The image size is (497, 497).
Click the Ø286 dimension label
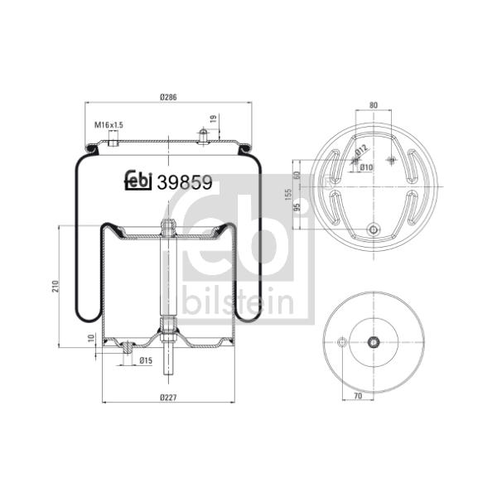pos(168,97)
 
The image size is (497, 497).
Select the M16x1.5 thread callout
pos(109,125)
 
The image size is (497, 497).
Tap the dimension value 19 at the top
pos(214,118)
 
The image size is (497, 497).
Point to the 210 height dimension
pos(55,287)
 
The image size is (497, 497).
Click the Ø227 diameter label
pos(168,397)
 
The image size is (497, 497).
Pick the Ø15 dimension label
pos(146,360)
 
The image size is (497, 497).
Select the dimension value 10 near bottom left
pos(92,338)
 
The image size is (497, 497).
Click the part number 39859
pos(185,183)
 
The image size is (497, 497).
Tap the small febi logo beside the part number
pos(138,181)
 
